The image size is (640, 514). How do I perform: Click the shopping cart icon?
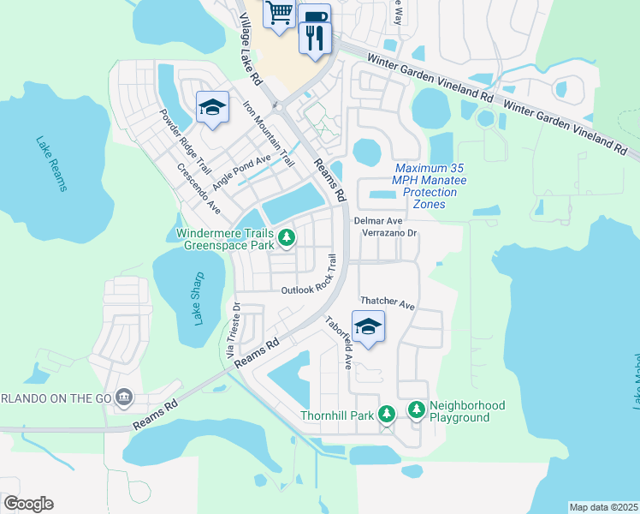pos(279,14)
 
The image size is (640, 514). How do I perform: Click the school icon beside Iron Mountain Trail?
pos(211,107)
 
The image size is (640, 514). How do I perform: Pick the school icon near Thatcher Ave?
pos(368,326)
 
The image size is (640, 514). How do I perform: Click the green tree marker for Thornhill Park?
pos(387,415)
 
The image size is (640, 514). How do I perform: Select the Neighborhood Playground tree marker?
pos(417,410)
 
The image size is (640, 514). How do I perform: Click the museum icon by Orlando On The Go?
pos(124,397)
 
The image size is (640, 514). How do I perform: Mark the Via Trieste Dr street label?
pos(229,329)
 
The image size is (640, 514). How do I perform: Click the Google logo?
pos(28,504)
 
